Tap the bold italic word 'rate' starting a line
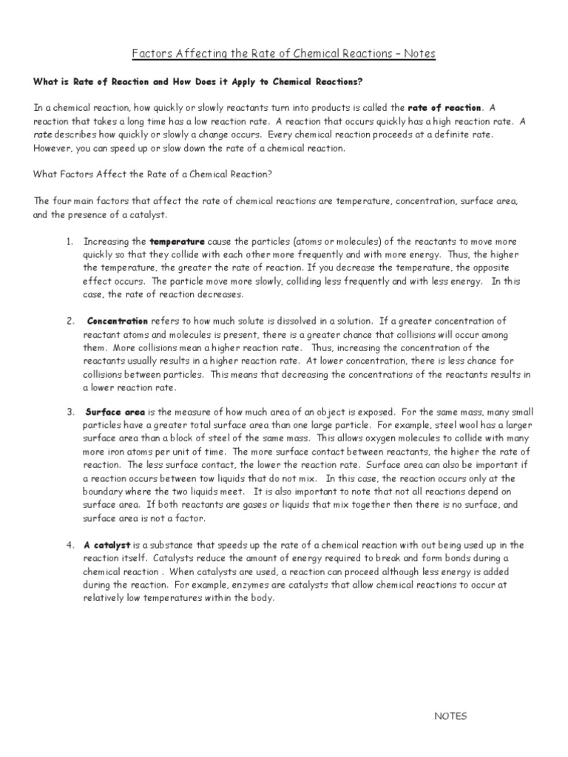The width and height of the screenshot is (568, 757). [43, 135]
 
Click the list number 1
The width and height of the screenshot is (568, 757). [69, 242]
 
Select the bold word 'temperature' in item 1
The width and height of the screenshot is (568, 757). [177, 242]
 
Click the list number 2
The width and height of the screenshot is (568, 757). [69, 322]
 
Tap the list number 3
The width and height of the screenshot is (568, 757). [69, 411]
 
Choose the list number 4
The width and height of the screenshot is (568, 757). [69, 546]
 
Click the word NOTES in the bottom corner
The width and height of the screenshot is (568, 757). [450, 716]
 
